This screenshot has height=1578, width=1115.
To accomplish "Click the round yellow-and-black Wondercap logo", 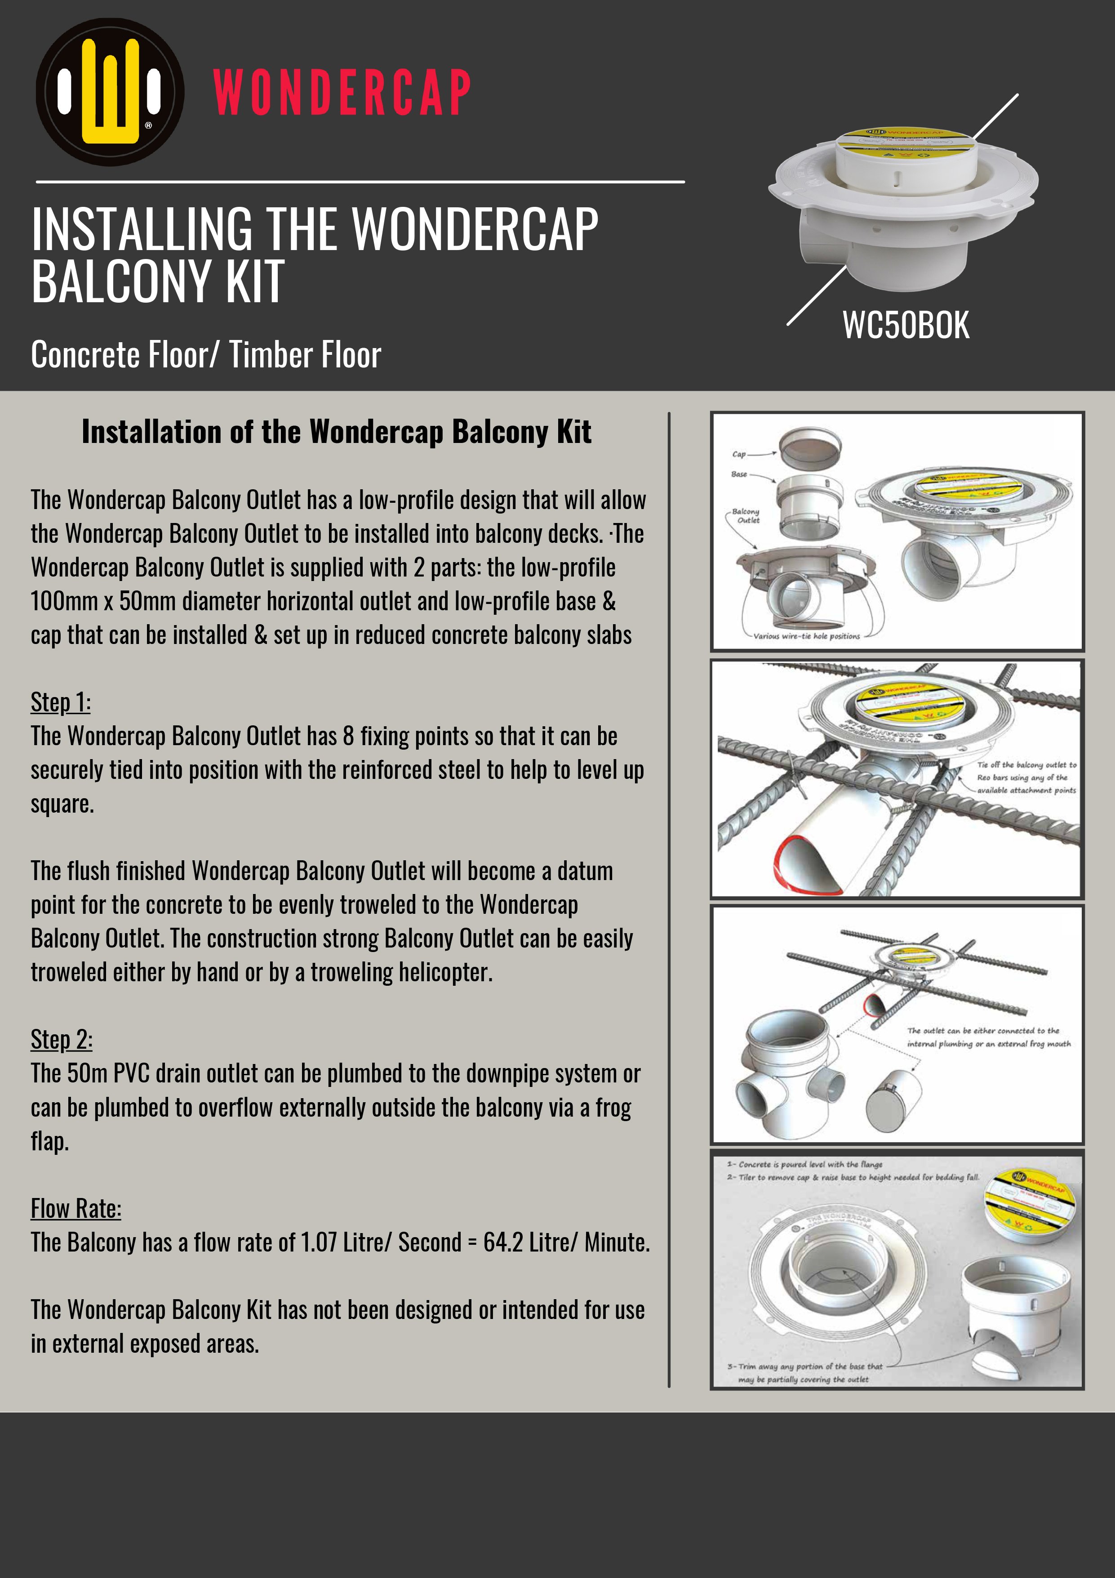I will (x=110, y=91).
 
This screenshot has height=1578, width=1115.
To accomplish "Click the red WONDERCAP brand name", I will (x=342, y=92).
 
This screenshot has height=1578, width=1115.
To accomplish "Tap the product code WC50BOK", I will (x=906, y=325).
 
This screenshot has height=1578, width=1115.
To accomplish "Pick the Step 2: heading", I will (x=61, y=1039).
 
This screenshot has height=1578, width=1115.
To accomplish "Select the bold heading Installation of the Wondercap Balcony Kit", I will (x=336, y=432).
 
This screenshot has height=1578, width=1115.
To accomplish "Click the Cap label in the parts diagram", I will (x=738, y=454).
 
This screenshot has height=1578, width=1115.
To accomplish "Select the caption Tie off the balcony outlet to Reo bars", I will (x=1026, y=778).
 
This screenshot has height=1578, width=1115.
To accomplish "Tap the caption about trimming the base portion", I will (x=804, y=1372).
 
